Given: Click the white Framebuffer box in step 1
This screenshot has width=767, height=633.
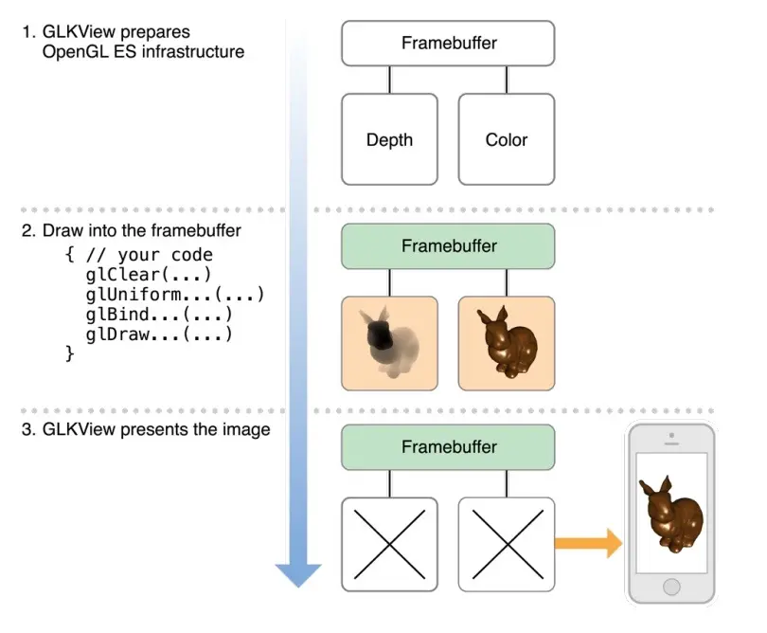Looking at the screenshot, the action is coord(448,43).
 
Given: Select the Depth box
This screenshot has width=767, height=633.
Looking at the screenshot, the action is coord(389,139).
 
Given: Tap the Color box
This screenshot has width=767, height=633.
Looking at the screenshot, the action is coord(507,139).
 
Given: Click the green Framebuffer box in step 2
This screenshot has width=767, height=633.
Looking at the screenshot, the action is coord(448,246).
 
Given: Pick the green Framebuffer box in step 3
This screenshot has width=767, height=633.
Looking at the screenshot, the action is coord(448,447).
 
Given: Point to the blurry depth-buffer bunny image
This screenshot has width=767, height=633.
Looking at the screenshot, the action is coord(389,343).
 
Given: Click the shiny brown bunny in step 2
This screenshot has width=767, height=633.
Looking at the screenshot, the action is coord(507,343).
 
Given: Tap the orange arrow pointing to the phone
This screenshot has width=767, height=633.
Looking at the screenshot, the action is coord(588,543).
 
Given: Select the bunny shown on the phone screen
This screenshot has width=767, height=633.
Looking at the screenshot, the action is coord(671,514).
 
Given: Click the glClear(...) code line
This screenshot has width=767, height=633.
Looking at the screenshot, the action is coord(149,275).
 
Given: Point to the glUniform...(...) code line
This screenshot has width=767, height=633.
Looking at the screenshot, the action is coord(174,295).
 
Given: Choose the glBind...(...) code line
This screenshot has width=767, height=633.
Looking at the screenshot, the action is coord(158,315).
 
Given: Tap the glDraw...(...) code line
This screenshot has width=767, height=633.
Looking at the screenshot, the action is coord(158,335).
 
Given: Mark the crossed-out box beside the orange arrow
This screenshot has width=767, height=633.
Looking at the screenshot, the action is coord(507,544).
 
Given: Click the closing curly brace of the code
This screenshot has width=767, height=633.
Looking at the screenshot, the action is coord(69,353).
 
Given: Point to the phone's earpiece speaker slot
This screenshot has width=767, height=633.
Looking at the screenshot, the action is coord(671,444).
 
